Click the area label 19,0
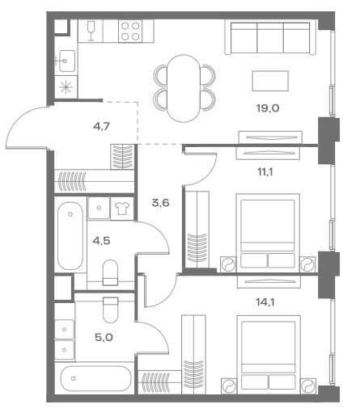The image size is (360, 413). (268, 108)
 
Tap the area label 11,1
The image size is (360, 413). (265, 171)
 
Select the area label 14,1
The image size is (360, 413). (265, 302)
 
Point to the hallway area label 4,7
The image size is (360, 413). (101, 126)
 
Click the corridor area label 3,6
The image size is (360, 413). (160, 203)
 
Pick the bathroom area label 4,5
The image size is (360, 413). (101, 240)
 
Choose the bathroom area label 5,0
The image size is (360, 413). (104, 337)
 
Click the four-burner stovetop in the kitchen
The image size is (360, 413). (130, 31)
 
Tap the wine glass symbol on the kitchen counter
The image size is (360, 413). (91, 31)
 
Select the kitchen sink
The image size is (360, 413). (66, 61)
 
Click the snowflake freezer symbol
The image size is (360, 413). (66, 87)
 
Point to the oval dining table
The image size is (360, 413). (184, 88)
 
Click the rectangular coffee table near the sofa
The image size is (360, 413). (270, 81)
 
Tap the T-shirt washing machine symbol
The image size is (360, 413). (122, 209)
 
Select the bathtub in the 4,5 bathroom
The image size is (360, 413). (70, 235)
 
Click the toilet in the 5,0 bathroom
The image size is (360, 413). (111, 310)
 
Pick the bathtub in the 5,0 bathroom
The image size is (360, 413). (95, 378)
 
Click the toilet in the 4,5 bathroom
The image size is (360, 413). (111, 272)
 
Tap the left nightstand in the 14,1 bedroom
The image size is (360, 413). (228, 386)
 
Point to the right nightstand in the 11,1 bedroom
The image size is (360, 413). (307, 264)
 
